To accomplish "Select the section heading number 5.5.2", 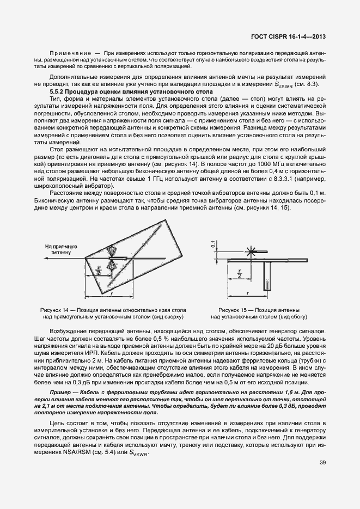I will pos(59,93).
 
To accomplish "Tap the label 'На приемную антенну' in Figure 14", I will pos(61,249).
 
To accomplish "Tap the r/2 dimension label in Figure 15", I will pos(238,273).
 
